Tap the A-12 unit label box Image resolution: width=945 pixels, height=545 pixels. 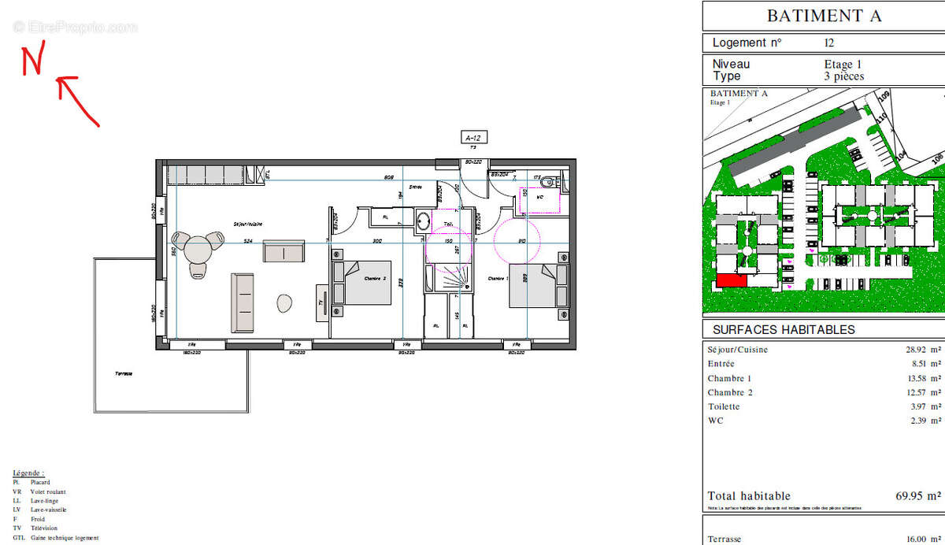(474, 138)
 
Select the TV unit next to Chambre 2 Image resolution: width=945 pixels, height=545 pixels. (322, 302)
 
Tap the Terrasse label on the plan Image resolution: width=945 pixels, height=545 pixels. (124, 373)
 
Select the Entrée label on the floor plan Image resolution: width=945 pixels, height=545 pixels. (416, 187)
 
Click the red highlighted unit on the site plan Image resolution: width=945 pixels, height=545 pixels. (731, 280)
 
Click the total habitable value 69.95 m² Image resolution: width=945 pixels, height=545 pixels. (917, 496)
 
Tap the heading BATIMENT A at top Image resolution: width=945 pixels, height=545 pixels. (824, 16)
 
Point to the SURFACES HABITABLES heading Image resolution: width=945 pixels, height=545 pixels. (783, 330)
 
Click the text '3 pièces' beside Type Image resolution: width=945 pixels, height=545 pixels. (843, 76)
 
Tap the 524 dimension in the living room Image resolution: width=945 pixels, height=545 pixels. (248, 241)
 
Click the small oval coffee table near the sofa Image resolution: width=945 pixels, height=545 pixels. (284, 302)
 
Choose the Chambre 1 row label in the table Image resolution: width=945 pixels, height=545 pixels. (729, 378)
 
